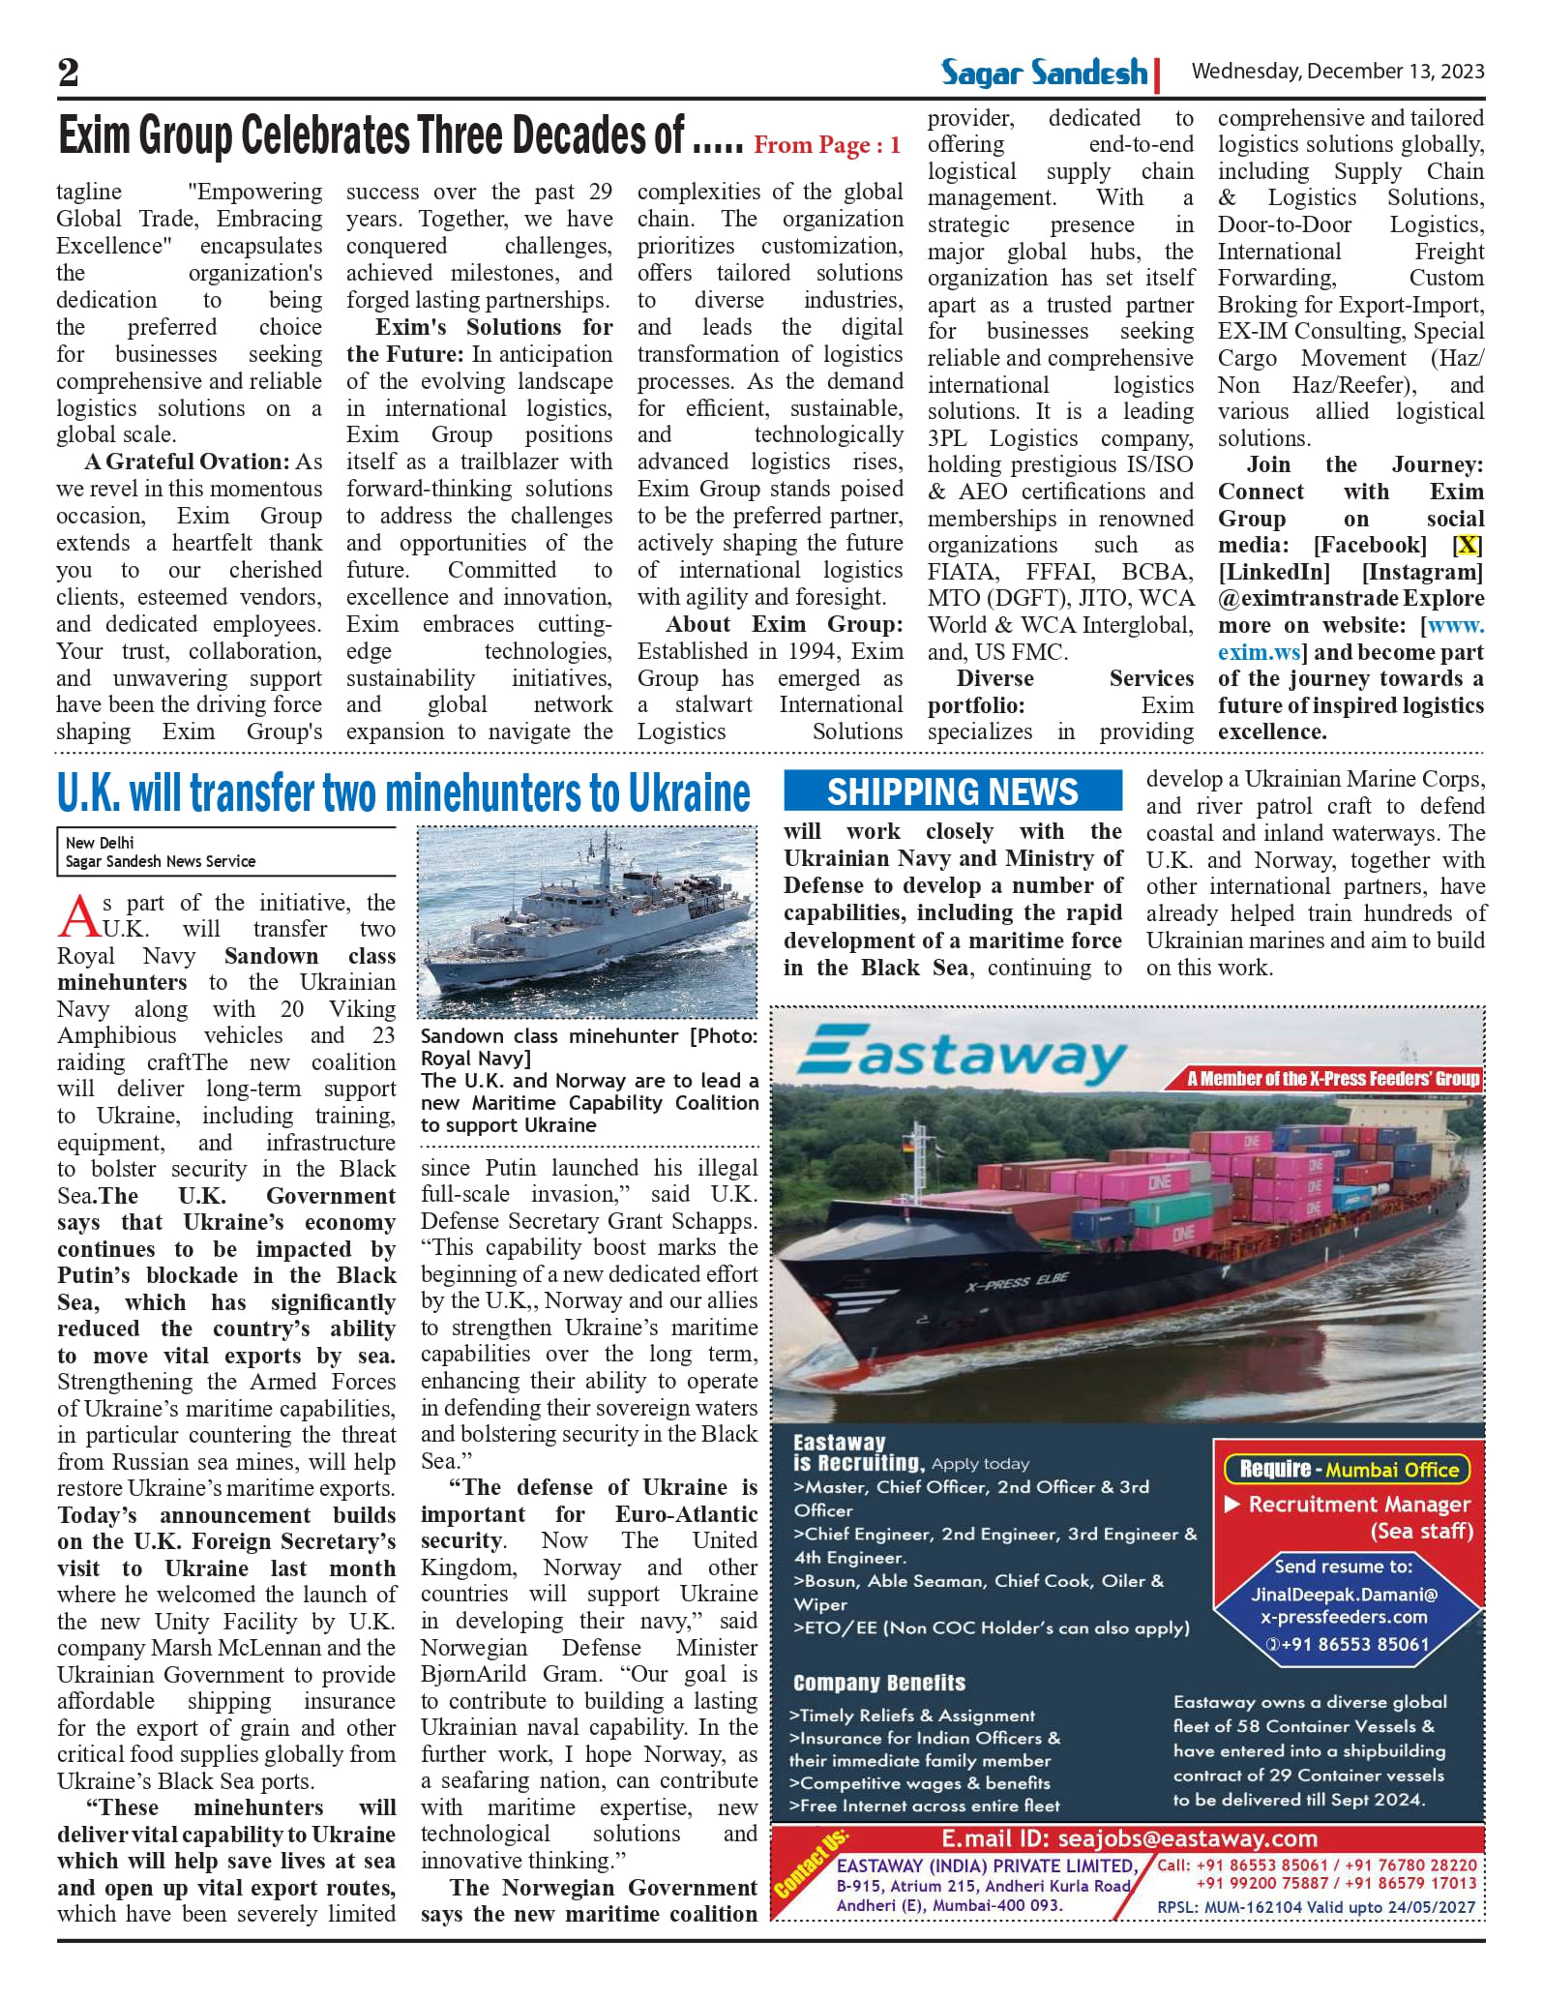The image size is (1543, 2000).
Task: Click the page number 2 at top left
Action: [x=69, y=73]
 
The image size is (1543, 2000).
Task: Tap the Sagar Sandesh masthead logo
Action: [x=1044, y=73]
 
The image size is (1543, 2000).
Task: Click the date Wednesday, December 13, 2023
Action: [x=1337, y=72]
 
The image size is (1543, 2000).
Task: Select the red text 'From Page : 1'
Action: [x=827, y=145]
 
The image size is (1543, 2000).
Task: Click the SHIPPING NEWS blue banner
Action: [x=952, y=791]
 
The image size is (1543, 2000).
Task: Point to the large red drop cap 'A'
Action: [x=77, y=916]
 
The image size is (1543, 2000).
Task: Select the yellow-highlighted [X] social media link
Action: [x=1468, y=546]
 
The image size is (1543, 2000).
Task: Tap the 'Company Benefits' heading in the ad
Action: [x=878, y=1683]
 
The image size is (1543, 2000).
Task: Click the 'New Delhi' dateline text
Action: [x=100, y=843]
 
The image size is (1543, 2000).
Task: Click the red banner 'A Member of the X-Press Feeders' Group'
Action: [x=1333, y=1079]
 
